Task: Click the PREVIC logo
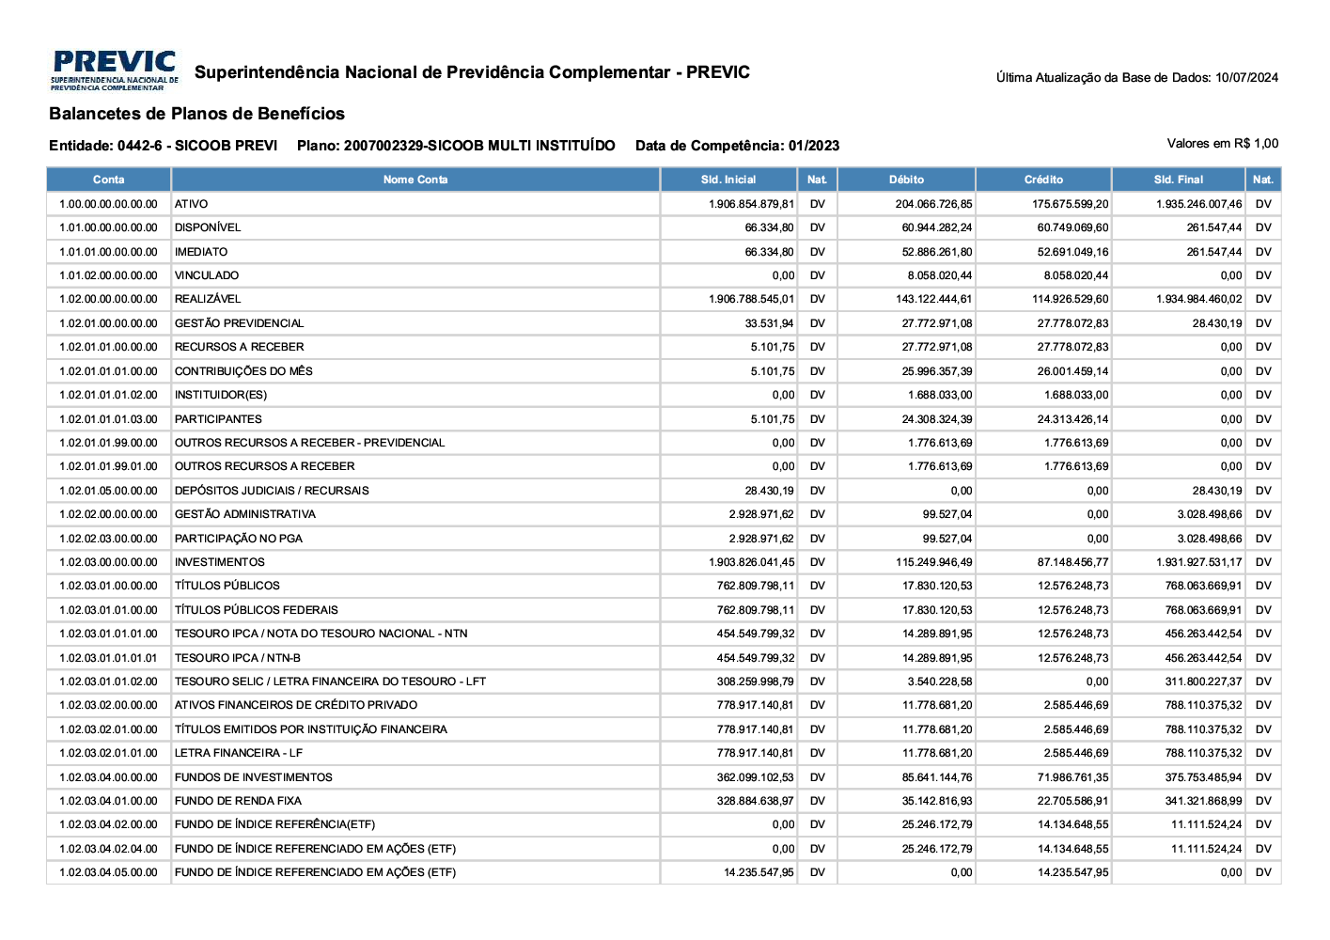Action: [x=115, y=70]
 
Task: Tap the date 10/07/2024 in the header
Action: [x=1246, y=78]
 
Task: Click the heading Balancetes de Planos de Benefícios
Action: [x=196, y=114]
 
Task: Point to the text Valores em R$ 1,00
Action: [x=1222, y=144]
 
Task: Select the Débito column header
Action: [x=906, y=180]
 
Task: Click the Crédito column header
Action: [x=1043, y=180]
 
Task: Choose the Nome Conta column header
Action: [x=415, y=180]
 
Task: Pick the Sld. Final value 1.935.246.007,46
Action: [x=1198, y=204]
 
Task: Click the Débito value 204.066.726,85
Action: [x=933, y=204]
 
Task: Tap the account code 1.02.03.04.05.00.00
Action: [x=108, y=872]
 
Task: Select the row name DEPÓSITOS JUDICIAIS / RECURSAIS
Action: [x=272, y=491]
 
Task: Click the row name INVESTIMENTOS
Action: [x=220, y=562]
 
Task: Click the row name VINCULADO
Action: [x=207, y=275]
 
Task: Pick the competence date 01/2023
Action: [x=814, y=146]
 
